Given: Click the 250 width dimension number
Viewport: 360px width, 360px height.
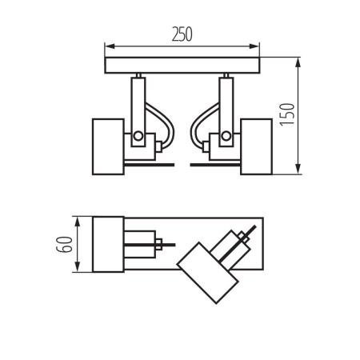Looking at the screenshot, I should [182, 34].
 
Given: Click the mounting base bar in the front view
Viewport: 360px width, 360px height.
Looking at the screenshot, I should [183, 65].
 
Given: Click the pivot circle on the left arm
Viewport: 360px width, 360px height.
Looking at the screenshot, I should [137, 133].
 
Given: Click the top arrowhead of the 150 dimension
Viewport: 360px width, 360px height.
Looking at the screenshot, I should [298, 61].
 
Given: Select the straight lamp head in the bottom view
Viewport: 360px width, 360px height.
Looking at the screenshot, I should [107, 244].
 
